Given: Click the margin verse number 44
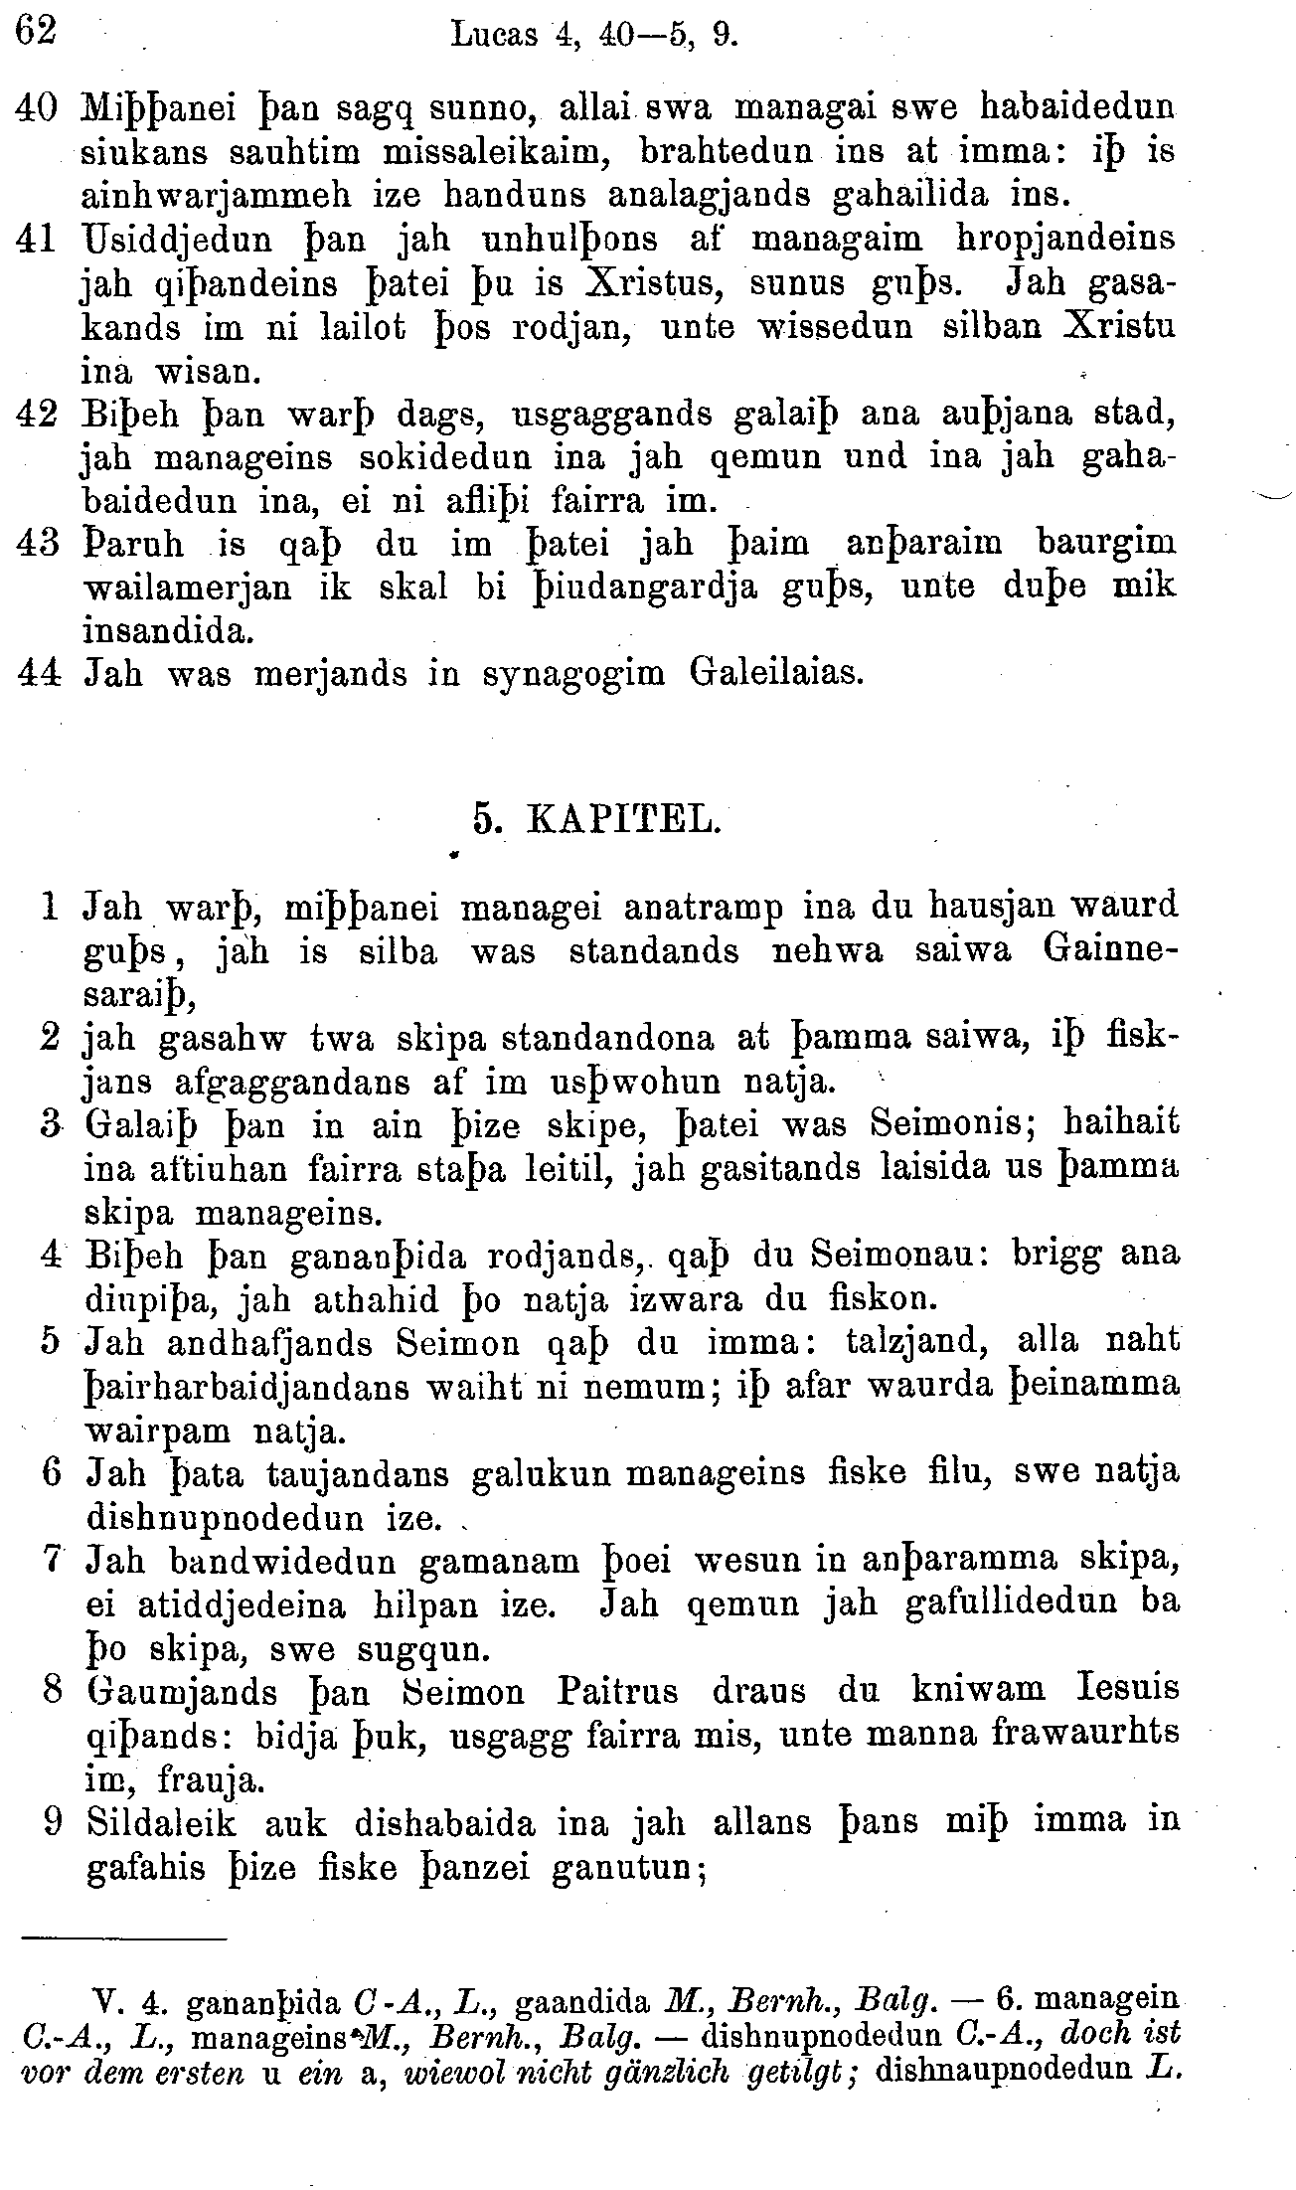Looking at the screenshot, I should (40, 674).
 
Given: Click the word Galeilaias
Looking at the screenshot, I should (776, 674).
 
